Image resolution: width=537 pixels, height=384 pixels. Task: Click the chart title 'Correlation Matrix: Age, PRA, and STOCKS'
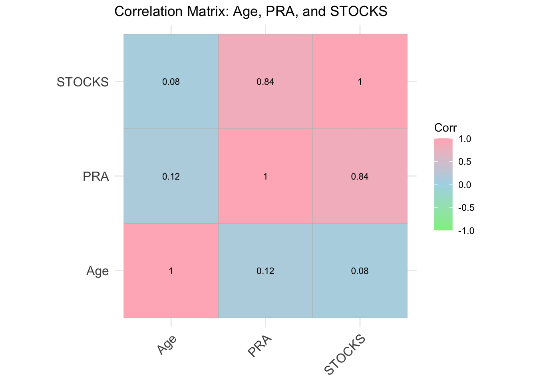(x=251, y=12)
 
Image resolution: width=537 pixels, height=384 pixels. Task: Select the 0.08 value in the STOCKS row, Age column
(x=171, y=82)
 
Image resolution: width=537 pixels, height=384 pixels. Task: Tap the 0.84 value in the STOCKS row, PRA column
(x=265, y=82)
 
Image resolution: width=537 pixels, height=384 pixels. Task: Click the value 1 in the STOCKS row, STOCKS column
(x=360, y=82)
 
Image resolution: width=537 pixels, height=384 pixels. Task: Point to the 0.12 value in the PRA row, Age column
(x=171, y=176)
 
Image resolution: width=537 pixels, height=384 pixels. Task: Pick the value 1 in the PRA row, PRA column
(x=265, y=176)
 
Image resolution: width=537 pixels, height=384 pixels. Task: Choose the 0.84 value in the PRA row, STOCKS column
(x=360, y=176)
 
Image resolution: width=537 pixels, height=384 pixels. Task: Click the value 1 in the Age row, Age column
(x=171, y=271)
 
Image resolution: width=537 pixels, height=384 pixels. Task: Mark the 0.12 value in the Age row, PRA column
(x=265, y=271)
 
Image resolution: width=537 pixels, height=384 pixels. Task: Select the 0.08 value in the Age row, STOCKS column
(x=360, y=271)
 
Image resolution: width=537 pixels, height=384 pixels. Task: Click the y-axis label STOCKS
(x=83, y=82)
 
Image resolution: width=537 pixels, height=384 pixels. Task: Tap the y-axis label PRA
(x=95, y=176)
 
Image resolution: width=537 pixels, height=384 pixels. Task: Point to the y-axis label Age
(x=97, y=271)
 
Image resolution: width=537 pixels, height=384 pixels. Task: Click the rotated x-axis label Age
(x=167, y=344)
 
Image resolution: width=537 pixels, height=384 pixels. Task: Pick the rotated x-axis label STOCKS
(x=345, y=355)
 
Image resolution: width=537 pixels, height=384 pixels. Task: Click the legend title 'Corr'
(x=445, y=128)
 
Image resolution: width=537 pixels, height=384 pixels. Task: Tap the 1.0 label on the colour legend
(x=465, y=139)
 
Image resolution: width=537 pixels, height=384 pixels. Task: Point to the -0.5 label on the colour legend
(x=465, y=208)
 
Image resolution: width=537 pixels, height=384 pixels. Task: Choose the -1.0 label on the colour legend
(x=465, y=231)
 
